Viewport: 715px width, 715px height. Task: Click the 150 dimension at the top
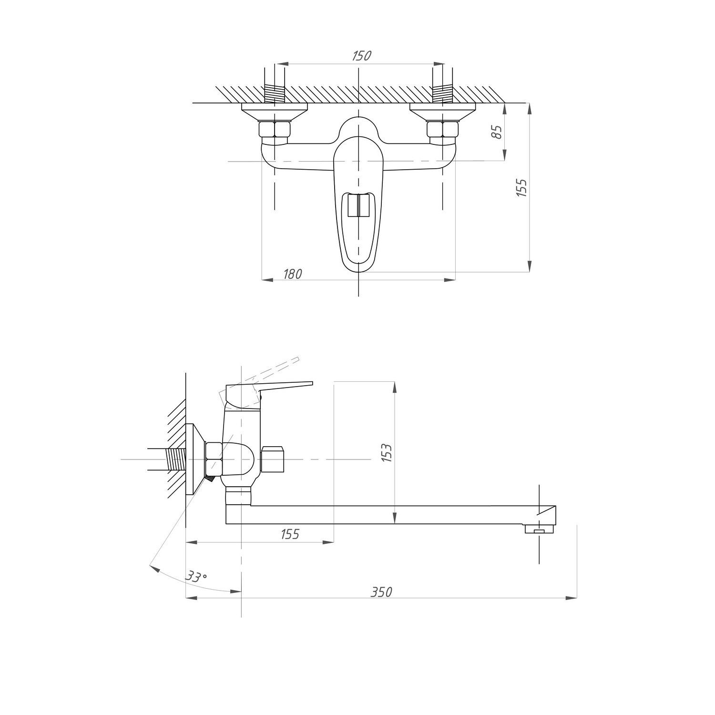(x=361, y=56)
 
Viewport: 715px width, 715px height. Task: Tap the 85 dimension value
(x=497, y=132)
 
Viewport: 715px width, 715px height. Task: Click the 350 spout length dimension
(x=381, y=592)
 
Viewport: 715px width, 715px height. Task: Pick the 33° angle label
(x=196, y=577)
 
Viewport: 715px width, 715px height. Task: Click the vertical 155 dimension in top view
(x=522, y=188)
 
